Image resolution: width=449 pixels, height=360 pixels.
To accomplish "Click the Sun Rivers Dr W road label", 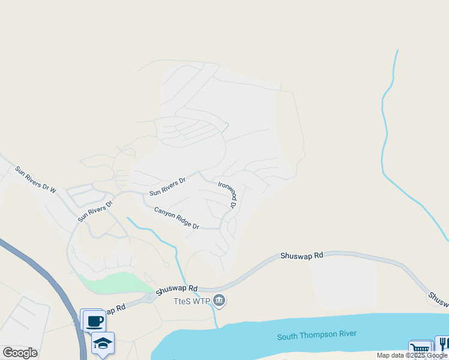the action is point(35,179).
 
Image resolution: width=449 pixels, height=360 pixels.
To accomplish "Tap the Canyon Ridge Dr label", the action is point(176,218).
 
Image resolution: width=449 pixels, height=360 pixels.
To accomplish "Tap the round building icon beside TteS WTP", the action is point(219,300).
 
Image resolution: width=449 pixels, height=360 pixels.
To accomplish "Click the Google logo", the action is point(20,353).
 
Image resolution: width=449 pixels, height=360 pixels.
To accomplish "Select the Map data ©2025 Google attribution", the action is point(412,355).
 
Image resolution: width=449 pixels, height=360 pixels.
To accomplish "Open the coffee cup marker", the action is point(93,321).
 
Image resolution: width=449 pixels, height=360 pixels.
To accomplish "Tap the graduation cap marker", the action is point(103,343).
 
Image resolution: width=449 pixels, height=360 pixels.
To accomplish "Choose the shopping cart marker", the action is point(420,350).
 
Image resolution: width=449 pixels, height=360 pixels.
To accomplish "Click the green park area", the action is point(114,282).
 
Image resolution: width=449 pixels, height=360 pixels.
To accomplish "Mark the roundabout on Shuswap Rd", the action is point(149,298).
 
